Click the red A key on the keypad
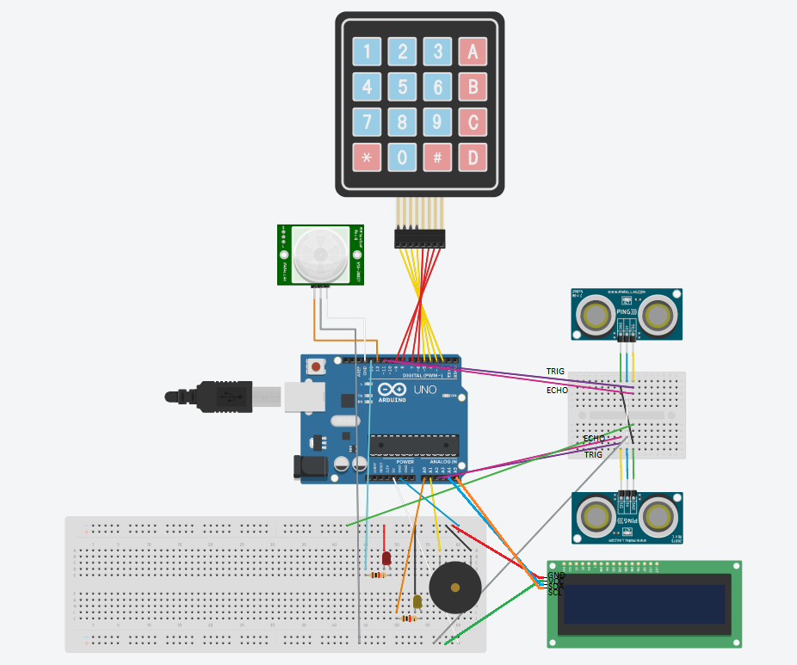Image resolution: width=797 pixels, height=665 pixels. tap(473, 52)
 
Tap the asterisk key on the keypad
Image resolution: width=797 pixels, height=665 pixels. tap(368, 157)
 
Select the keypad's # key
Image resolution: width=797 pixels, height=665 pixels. tap(437, 157)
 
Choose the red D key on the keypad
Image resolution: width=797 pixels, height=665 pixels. tap(473, 157)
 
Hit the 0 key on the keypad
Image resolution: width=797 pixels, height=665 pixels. tap(402, 157)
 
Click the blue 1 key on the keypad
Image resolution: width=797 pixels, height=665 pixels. tap(368, 52)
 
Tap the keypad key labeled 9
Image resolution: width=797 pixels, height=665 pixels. tap(437, 122)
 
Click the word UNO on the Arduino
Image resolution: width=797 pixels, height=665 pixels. tap(448, 390)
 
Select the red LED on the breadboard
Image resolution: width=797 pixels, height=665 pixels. tap(386, 559)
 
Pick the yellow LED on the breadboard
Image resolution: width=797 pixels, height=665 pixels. tap(417, 601)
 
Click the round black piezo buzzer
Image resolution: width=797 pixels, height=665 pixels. tap(455, 588)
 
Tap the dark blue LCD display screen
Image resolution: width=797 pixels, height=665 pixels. tap(643, 604)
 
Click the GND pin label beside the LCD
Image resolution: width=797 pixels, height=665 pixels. tap(556, 575)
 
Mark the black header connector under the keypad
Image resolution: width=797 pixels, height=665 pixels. tap(420, 238)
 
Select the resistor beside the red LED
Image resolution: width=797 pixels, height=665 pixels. tap(376, 576)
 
